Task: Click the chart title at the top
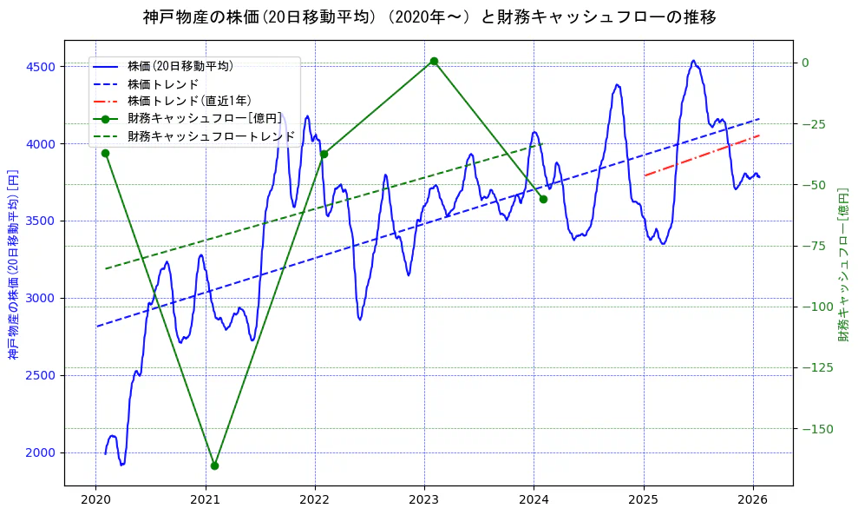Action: (x=429, y=17)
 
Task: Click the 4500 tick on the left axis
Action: (x=40, y=67)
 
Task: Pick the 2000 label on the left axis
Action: (x=40, y=452)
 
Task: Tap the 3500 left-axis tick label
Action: (x=40, y=221)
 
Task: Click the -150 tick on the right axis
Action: (x=813, y=429)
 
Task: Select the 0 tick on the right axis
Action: (x=805, y=63)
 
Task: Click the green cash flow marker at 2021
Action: (x=214, y=465)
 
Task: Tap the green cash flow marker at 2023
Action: (x=434, y=61)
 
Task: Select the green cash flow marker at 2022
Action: (x=324, y=154)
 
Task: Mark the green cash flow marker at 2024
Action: (x=543, y=199)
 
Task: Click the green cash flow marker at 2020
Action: (x=105, y=153)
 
